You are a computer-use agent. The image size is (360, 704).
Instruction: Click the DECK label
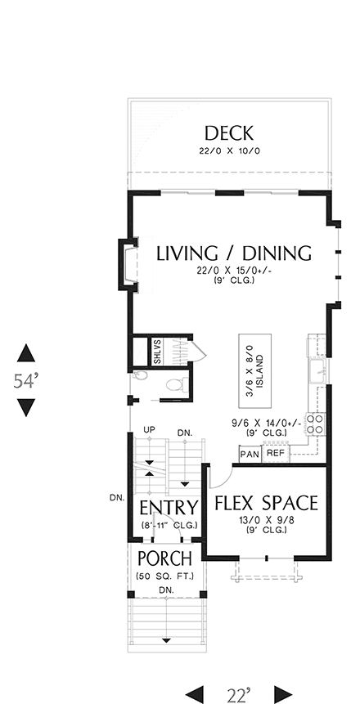coord(229,132)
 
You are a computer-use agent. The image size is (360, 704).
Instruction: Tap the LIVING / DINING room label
coord(233,253)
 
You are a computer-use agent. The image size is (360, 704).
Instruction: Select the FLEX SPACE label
coord(266,502)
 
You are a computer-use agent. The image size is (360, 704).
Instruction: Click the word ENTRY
coord(168,508)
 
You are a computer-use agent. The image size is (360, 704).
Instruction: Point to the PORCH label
coord(164,559)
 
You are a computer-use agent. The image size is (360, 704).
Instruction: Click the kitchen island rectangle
coord(253,370)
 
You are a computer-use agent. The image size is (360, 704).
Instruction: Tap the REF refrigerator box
coord(276,452)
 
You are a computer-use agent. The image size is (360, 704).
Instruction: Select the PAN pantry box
coord(250,453)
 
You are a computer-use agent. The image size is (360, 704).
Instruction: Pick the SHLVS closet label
coord(157,352)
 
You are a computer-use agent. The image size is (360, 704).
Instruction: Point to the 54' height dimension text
coord(26,380)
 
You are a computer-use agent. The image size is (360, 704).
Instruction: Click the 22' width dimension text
coord(238,693)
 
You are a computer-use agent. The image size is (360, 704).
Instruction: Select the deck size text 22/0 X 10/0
coord(228,152)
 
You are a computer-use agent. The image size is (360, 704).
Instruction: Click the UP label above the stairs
coord(149,430)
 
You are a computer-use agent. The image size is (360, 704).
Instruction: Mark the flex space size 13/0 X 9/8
coord(266,521)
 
